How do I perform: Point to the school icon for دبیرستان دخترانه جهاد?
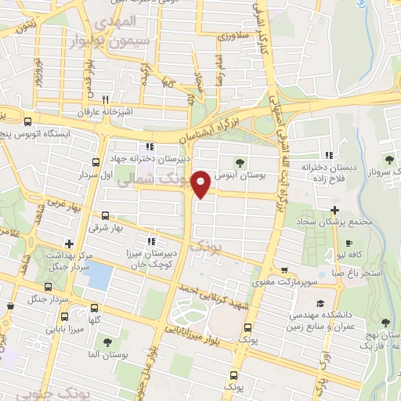pos(149,146)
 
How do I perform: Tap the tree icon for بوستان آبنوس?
pos(239,162)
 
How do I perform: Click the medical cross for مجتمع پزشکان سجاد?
pos(335,210)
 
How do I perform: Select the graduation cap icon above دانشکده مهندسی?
pos(319,303)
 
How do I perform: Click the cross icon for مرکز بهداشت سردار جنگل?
pos(69,244)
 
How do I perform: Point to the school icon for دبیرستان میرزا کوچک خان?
pos(151,241)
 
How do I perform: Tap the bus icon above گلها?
pos(95,309)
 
